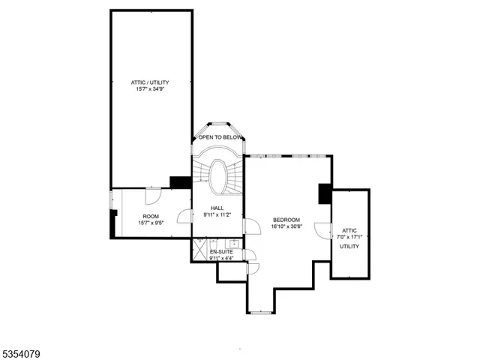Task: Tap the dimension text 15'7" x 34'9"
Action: [150, 89]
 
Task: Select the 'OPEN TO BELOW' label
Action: [220, 138]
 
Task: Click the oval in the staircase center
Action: [220, 177]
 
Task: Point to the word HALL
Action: [217, 208]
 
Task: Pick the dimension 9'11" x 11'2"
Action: [217, 215]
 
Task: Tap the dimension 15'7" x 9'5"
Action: [150, 223]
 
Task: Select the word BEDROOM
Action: [286, 219]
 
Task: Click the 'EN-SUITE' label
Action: [221, 251]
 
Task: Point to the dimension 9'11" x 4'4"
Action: [221, 258]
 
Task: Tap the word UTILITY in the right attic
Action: [349, 246]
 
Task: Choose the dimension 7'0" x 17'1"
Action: [349, 238]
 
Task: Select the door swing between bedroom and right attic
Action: [323, 230]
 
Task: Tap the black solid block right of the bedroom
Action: [325, 193]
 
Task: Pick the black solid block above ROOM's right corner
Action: [180, 182]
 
